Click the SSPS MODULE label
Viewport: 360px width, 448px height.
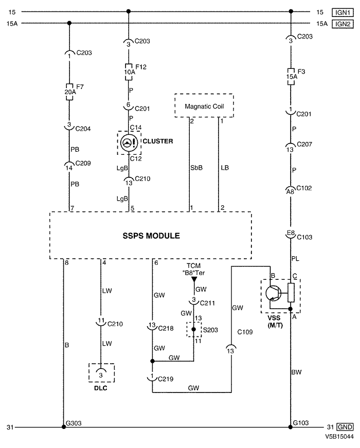click(x=151, y=236)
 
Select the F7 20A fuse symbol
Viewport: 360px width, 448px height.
click(x=69, y=92)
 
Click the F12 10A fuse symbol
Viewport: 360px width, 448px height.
click(x=129, y=72)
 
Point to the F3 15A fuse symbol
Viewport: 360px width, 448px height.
click(x=291, y=77)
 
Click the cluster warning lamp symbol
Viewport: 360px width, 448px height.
click(x=129, y=143)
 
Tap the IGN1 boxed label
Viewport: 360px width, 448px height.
click(x=343, y=12)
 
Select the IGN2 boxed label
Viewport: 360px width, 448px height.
click(x=343, y=24)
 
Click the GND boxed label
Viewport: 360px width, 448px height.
click(x=345, y=427)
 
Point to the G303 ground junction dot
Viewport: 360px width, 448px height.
click(x=64, y=427)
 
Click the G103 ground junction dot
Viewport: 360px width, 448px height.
click(x=291, y=427)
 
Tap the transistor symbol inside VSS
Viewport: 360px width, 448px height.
click(x=273, y=293)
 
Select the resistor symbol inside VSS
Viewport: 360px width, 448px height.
click(x=291, y=293)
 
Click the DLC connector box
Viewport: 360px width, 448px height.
click(x=101, y=372)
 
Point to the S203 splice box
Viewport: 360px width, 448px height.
click(x=194, y=329)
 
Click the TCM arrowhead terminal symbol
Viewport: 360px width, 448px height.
click(x=194, y=279)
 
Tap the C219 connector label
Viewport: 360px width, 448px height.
click(x=166, y=379)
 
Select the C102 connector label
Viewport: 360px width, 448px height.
click(x=304, y=188)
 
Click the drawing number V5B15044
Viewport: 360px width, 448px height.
click(x=339, y=437)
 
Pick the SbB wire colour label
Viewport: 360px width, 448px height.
click(x=196, y=168)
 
